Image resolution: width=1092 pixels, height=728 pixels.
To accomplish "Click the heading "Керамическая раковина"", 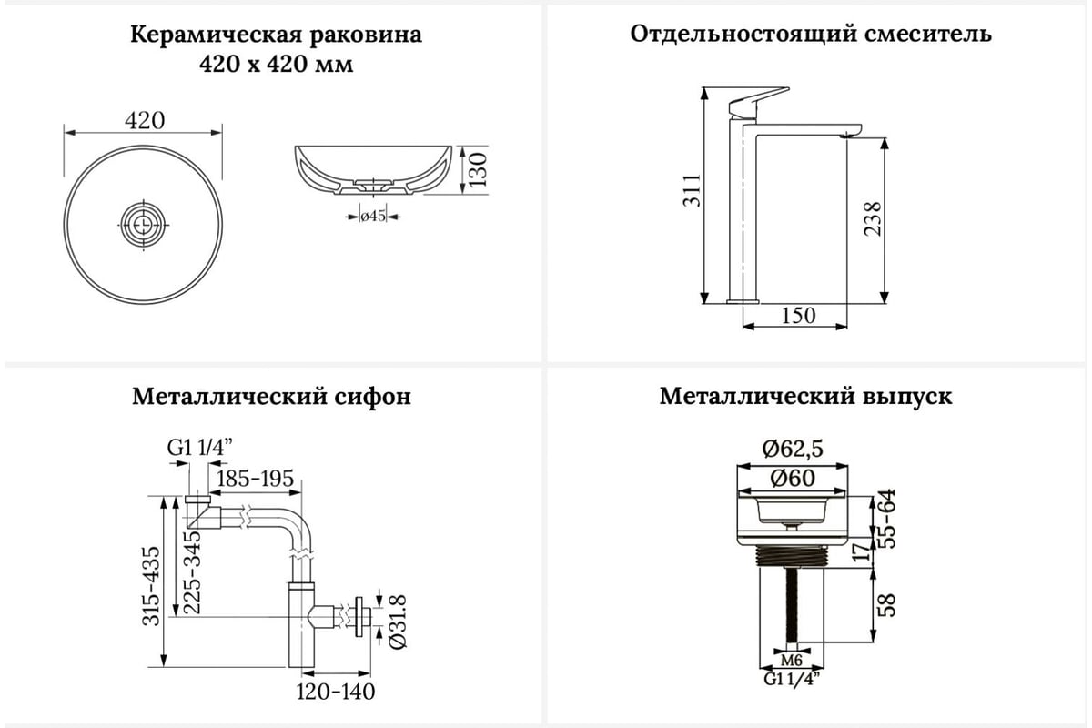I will coord(276,36).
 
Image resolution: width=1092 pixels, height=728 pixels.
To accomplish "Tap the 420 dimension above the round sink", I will coord(144,120).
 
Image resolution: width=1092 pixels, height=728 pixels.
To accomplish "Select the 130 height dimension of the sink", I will coord(480,169).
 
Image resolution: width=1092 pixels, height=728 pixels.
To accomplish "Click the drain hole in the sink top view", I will coord(144,220).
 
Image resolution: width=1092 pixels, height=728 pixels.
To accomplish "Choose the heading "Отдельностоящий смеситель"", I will coord(811,35).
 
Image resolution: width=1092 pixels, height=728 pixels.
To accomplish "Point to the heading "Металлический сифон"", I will coord(271,397).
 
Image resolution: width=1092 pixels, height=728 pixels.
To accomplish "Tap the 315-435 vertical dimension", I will coord(151,582).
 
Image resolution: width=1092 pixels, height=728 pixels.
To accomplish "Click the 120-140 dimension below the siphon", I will coord(335,692).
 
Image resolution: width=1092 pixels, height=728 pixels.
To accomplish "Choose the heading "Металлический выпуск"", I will coord(806,397).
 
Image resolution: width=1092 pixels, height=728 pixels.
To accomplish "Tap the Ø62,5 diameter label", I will coord(793,449).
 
